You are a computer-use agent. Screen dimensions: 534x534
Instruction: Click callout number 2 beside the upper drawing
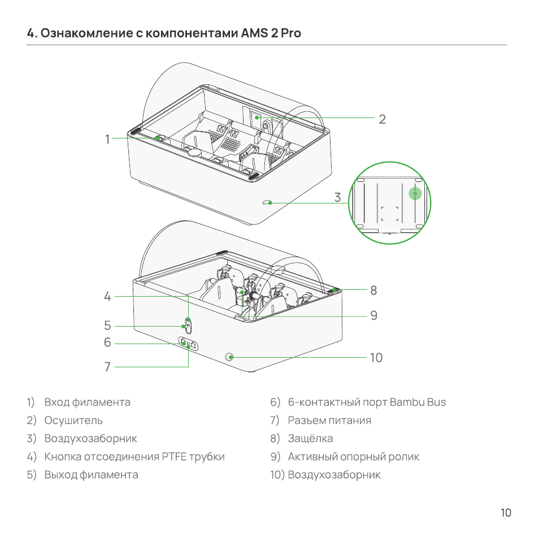tap(382, 119)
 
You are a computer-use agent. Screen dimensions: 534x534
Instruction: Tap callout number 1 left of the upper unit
tap(107, 139)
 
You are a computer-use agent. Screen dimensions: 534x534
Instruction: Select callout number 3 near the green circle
tap(337, 197)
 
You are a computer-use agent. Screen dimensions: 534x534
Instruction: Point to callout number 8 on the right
tap(374, 290)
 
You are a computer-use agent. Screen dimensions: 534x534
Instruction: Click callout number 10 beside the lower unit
tap(376, 357)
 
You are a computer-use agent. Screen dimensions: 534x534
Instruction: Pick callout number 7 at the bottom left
tap(107, 366)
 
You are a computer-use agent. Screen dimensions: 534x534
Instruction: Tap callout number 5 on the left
tap(107, 325)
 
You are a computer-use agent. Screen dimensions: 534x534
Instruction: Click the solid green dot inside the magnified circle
tap(415, 193)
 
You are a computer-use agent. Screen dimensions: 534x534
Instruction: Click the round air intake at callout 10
tap(230, 357)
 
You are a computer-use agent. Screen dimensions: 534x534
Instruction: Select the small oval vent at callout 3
tap(266, 203)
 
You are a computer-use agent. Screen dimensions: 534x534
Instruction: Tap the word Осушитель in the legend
tap(73, 420)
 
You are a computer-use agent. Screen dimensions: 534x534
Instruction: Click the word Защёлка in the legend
tap(310, 439)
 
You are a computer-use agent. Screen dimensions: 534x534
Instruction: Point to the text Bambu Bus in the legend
tap(418, 402)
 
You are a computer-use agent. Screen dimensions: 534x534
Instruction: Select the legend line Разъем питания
tap(329, 420)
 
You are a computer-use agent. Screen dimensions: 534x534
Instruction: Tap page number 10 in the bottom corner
tap(506, 513)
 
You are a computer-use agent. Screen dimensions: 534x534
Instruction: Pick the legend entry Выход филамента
tap(92, 475)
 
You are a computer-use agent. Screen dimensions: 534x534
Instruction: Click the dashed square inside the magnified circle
tap(389, 214)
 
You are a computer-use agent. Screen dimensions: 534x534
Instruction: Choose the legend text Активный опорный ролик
tap(354, 457)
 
